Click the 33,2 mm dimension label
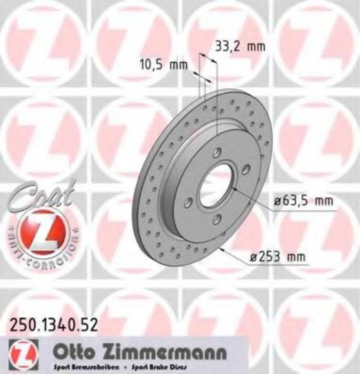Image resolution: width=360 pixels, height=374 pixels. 239,46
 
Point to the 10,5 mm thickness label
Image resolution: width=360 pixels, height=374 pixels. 163,65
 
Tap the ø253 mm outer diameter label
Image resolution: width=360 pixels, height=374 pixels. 277,256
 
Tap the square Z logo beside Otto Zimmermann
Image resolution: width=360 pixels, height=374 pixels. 20,354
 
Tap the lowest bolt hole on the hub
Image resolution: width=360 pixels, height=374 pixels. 217,219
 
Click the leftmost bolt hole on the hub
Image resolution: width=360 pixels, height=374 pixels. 189,202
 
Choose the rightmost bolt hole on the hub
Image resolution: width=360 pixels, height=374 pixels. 246,169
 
